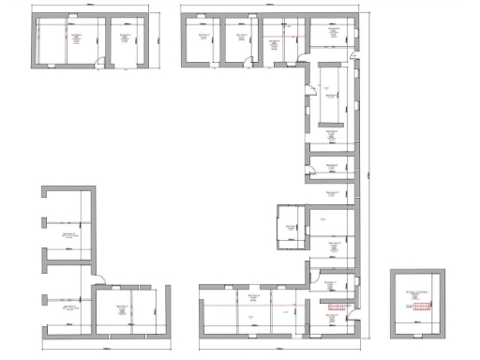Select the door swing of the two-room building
[99, 64]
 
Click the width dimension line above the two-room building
[92, 6]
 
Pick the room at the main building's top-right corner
[331, 36]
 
